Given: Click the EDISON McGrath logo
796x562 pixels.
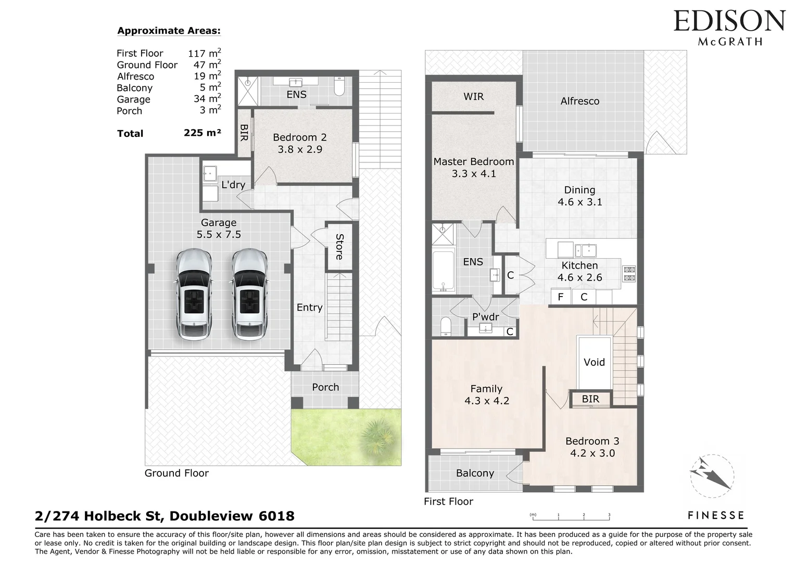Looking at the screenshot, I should [x=729, y=27].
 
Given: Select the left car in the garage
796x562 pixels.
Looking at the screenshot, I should [x=194, y=295].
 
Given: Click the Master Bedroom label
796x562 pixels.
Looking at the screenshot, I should [x=473, y=162].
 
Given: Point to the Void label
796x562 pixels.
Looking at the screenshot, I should [x=594, y=362].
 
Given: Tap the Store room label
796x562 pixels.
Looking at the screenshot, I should [x=339, y=247].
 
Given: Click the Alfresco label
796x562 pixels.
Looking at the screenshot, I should [x=579, y=101].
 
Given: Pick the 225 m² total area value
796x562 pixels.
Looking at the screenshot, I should [x=202, y=133].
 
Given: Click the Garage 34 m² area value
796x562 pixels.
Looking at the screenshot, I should [x=207, y=99].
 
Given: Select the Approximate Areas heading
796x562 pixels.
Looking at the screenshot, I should [x=169, y=31].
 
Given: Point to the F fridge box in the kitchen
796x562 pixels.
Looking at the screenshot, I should [x=561, y=297].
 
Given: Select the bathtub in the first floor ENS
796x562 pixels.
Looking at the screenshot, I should [x=444, y=272].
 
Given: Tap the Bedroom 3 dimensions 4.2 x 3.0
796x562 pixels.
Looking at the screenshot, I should [x=592, y=453].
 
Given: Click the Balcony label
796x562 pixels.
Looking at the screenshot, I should [x=475, y=473].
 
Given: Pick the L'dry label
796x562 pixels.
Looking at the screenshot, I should [x=233, y=185].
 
